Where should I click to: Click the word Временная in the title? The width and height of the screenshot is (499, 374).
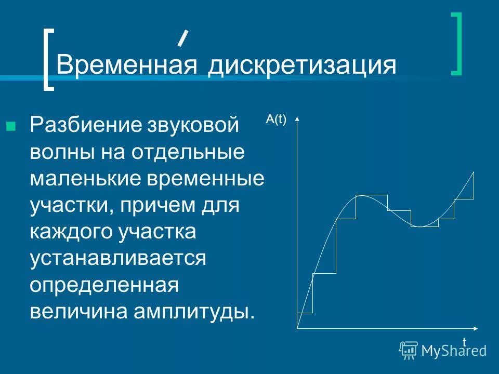[x=127, y=66]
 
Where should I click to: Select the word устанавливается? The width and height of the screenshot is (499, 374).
[x=118, y=258]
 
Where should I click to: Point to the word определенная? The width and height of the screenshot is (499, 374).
[x=104, y=285]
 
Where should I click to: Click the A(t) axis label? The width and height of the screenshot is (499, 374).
[x=276, y=119]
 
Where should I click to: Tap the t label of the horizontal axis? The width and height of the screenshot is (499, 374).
[x=464, y=341]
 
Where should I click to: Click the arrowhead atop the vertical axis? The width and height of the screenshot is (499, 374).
[x=297, y=119]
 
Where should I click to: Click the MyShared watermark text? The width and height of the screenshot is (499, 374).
[x=453, y=351]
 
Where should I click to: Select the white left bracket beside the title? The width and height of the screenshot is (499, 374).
[x=48, y=59]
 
